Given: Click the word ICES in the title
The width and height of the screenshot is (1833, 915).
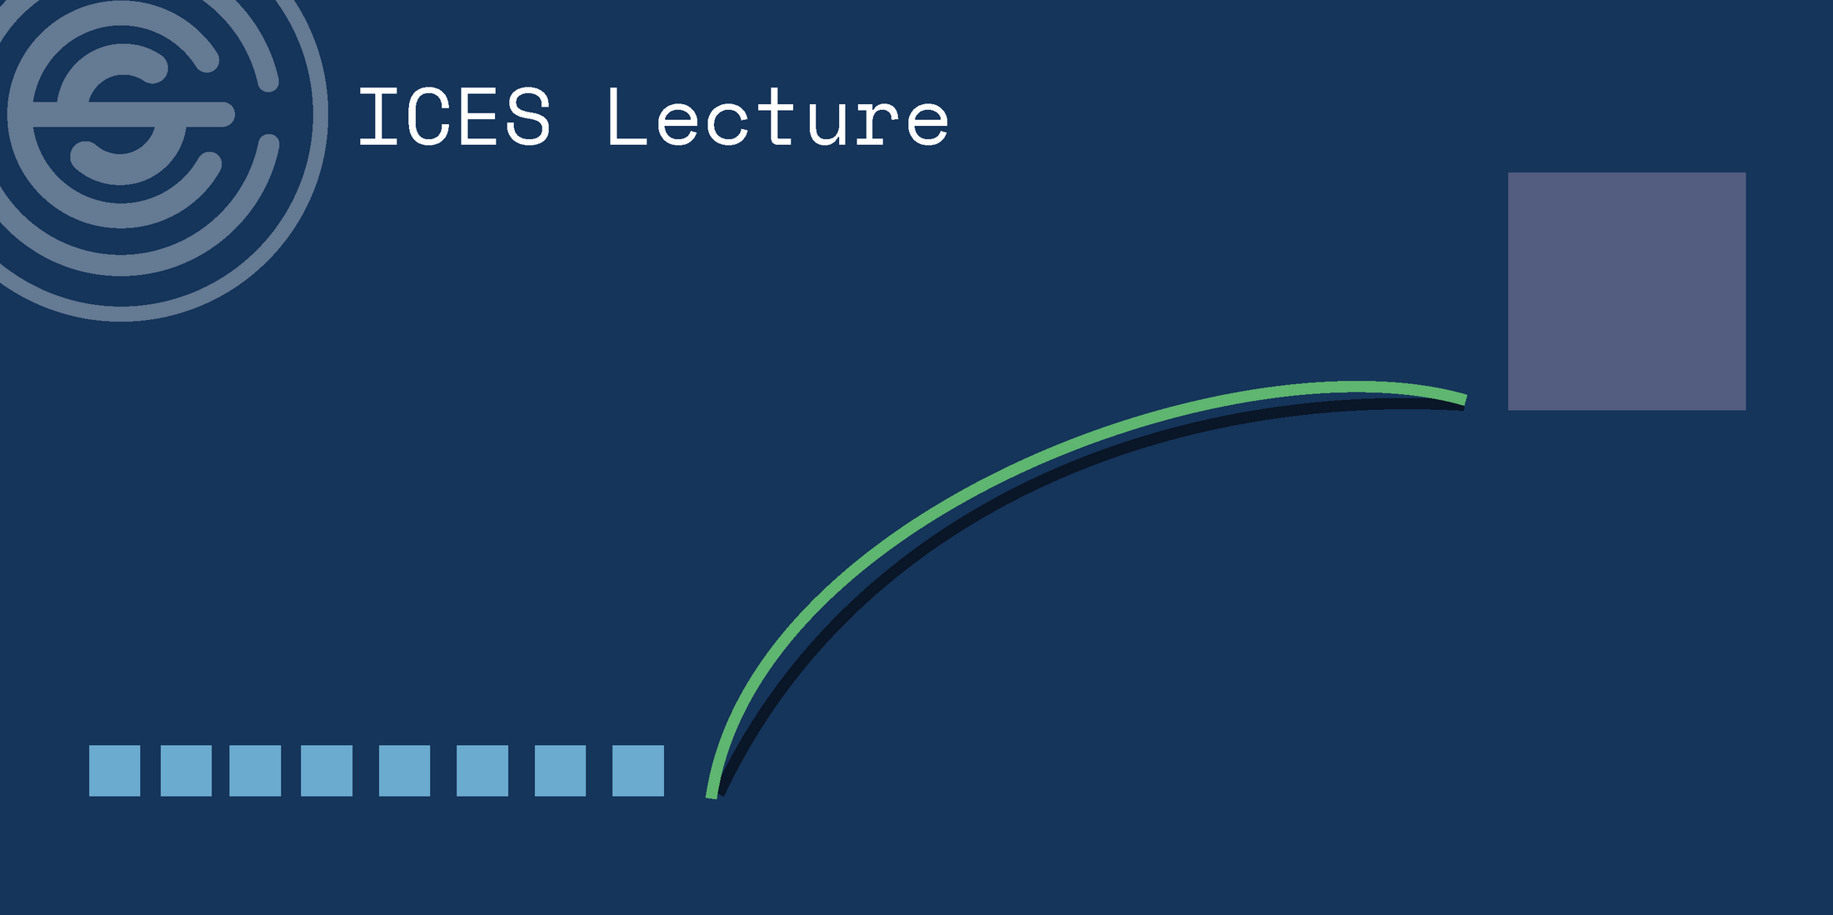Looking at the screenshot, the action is tap(454, 117).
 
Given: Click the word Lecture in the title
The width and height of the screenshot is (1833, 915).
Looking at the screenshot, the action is tap(778, 117).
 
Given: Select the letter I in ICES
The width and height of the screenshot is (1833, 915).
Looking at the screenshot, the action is tap(377, 117).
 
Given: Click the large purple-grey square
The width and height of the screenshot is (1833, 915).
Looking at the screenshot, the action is tap(1626, 291).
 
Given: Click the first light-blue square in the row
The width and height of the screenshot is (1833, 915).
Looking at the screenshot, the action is tap(114, 771).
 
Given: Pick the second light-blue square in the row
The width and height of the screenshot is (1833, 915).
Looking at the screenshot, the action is tap(186, 771).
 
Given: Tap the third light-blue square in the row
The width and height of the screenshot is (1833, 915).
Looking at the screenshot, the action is tap(255, 771).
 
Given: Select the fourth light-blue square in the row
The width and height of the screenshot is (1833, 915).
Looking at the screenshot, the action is tap(327, 771).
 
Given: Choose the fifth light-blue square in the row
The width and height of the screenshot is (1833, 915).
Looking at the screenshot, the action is tap(404, 771).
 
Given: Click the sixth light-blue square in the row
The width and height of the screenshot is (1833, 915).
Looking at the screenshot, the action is tap(482, 771).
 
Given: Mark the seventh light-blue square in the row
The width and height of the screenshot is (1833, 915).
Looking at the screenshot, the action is tap(560, 771).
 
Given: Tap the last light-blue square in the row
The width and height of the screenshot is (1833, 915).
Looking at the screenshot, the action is tap(638, 771).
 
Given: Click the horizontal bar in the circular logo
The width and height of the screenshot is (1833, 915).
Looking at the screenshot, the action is tap(133, 114).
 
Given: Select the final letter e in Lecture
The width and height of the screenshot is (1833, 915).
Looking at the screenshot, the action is tap(926, 123).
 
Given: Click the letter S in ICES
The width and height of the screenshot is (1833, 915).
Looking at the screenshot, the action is tap(528, 117).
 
